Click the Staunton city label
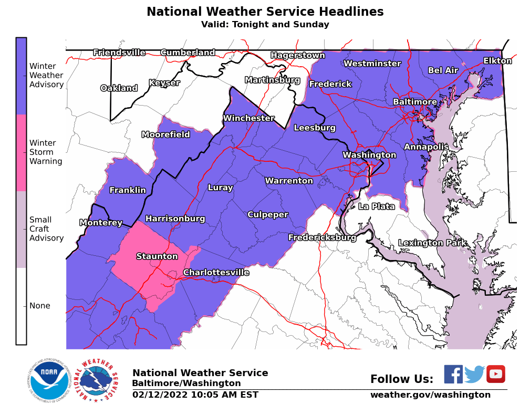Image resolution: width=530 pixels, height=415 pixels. (x=157, y=256)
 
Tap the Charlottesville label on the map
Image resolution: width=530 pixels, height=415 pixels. (x=216, y=273)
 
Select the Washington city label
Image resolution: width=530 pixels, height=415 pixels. (x=369, y=155)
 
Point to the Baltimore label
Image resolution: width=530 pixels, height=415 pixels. (x=415, y=102)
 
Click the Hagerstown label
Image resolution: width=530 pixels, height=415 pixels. (x=297, y=55)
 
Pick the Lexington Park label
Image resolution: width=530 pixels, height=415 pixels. (x=432, y=243)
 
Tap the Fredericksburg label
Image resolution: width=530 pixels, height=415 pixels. (x=322, y=237)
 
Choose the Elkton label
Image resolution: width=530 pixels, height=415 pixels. (x=497, y=61)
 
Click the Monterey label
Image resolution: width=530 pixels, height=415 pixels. (x=101, y=223)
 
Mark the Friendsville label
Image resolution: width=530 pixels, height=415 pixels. (x=119, y=53)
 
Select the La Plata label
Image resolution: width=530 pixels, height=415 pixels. (x=376, y=206)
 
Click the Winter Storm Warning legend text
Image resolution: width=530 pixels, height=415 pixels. (x=46, y=152)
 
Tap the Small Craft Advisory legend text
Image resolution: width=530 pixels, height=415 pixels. (x=46, y=229)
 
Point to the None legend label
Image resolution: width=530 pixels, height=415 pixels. (x=40, y=306)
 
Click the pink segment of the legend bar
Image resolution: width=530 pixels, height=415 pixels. (x=21, y=152)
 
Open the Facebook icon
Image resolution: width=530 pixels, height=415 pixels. (x=453, y=374)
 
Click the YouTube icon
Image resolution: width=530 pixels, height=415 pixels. (x=495, y=374)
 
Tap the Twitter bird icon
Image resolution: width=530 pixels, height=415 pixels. (x=474, y=374)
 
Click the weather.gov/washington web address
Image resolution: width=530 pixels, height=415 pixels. (x=430, y=395)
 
